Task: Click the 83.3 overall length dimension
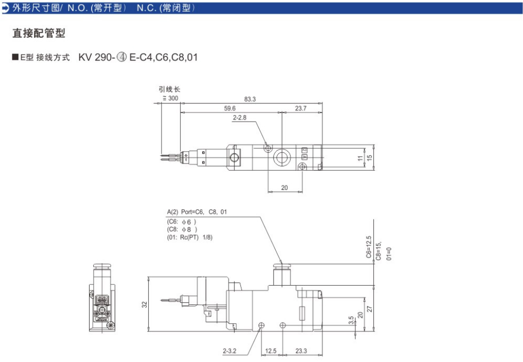[x=250, y=99]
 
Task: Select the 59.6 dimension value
[x=230, y=108]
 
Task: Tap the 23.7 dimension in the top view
[x=300, y=108]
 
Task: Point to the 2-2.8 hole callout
[x=239, y=118]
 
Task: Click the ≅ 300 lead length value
[x=171, y=98]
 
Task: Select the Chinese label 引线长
[x=169, y=89]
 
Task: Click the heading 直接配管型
[x=39, y=33]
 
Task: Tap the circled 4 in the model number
[x=122, y=58]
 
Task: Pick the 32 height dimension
[x=145, y=304]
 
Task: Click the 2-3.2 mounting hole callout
[x=230, y=351]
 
